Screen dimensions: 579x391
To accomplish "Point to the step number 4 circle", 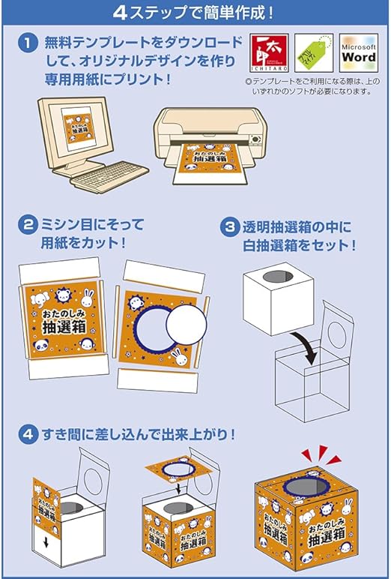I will [x=27, y=433].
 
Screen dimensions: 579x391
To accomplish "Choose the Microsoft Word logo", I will [x=358, y=53].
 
